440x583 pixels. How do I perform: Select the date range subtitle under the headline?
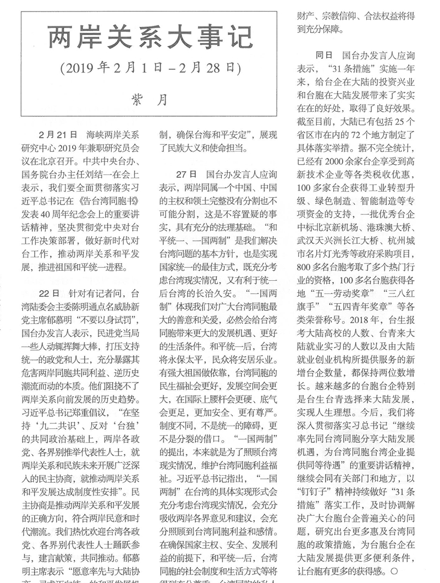(x=151, y=69)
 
